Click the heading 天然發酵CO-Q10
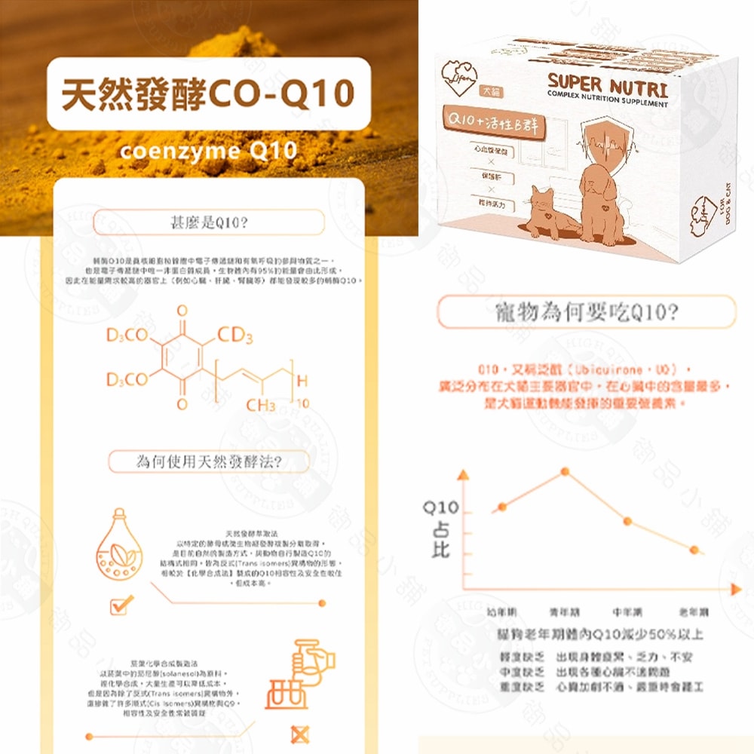point(208,94)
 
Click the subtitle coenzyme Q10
point(208,151)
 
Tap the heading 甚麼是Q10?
point(208,222)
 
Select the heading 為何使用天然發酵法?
point(209,461)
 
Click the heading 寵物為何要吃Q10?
point(586,311)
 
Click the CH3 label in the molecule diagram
point(261,405)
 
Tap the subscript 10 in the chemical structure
point(302,405)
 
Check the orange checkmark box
point(121,603)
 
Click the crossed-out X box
point(299,733)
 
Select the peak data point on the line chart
point(565,472)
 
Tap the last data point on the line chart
point(694,549)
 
